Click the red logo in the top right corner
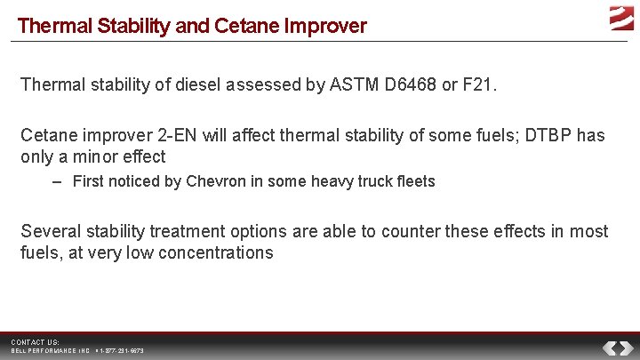pos(620,19)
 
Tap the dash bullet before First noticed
pos(57,181)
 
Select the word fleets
pos(416,181)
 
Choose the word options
pos(256,231)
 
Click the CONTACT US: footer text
pos(35,342)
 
